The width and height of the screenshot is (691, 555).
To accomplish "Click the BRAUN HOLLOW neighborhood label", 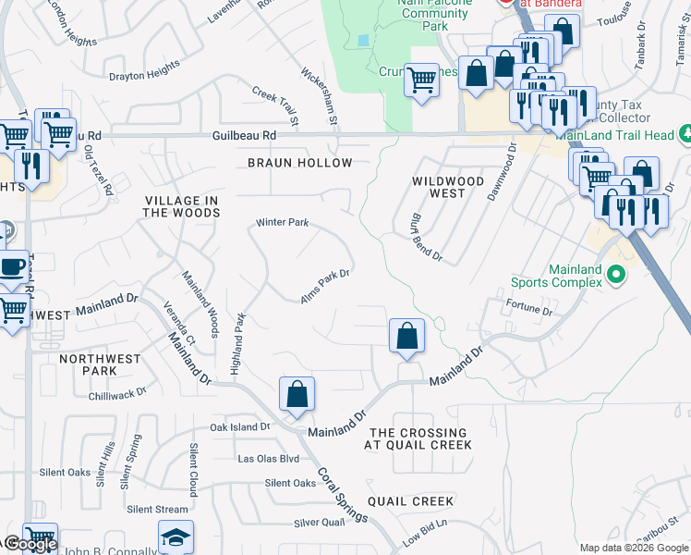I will pyautogui.click(x=299, y=163).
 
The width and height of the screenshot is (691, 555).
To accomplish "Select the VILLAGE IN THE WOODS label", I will pyautogui.click(x=182, y=206).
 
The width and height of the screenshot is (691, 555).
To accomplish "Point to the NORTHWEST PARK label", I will pyautogui.click(x=100, y=364).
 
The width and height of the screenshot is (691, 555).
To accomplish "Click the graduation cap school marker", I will pyautogui.click(x=176, y=536).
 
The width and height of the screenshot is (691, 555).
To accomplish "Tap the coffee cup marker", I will pyautogui.click(x=11, y=266).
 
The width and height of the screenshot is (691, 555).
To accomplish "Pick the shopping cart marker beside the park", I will pyautogui.click(x=421, y=80).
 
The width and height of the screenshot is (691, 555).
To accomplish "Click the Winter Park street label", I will pyautogui.click(x=282, y=223).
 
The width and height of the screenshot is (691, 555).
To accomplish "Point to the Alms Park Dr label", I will pyautogui.click(x=325, y=286).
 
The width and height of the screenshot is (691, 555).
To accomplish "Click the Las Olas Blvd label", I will pyautogui.click(x=269, y=459).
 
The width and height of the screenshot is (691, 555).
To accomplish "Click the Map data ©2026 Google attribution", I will pyautogui.click(x=634, y=548).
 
